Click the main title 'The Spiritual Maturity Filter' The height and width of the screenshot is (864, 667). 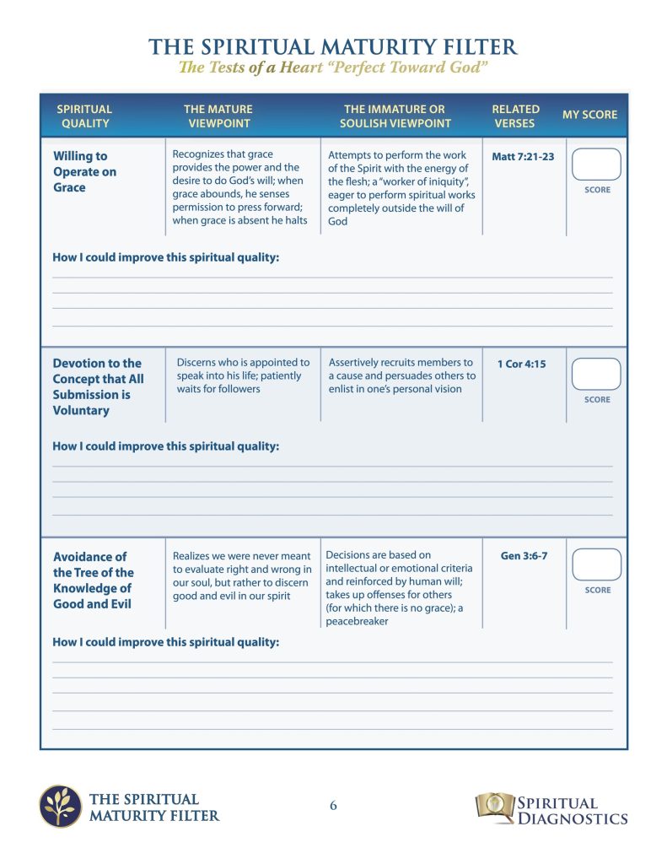[333, 46]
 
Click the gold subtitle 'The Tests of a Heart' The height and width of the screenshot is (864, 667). [333, 68]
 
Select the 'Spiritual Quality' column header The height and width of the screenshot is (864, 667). [84, 116]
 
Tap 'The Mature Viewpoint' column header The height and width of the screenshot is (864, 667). [218, 116]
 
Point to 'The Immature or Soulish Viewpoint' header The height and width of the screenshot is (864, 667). [395, 116]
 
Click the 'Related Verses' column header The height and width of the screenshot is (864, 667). [515, 116]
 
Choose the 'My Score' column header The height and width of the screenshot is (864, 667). [589, 115]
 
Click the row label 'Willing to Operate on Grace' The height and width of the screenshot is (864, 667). [84, 171]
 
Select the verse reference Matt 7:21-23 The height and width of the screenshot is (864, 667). [523, 157]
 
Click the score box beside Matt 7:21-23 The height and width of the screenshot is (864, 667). [596, 165]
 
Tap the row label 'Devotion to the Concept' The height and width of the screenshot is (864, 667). [98, 386]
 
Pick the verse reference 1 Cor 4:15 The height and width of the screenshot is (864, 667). [521, 364]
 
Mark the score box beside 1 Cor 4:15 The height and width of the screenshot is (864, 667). [596, 374]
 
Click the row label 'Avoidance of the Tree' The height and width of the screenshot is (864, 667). [93, 580]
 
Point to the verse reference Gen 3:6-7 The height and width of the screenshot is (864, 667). [524, 557]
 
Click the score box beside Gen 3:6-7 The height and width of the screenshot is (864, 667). [596, 564]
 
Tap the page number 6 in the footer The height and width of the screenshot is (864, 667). [333, 806]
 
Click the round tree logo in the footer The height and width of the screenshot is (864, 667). [61, 806]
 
